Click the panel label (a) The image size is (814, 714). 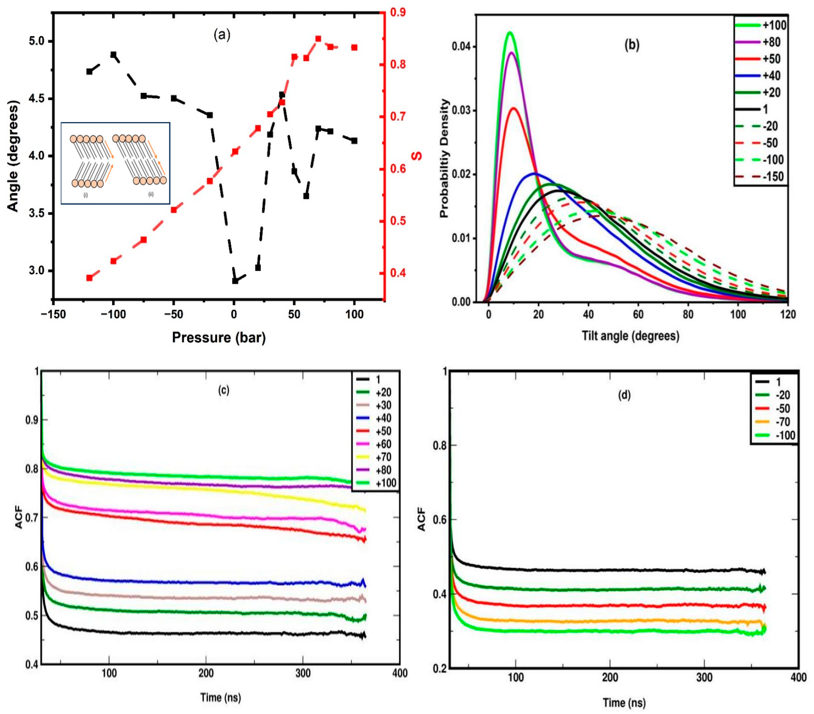coord(222,35)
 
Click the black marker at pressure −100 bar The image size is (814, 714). coord(114,55)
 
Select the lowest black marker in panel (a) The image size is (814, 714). coord(235,281)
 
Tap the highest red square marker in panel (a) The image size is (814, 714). coord(318,39)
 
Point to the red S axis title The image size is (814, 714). coord(417,155)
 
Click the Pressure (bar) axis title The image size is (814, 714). coord(219,337)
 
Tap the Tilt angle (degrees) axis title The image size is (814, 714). coord(630,336)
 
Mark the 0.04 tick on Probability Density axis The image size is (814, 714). coord(461,47)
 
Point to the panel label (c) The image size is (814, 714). coord(223,390)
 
